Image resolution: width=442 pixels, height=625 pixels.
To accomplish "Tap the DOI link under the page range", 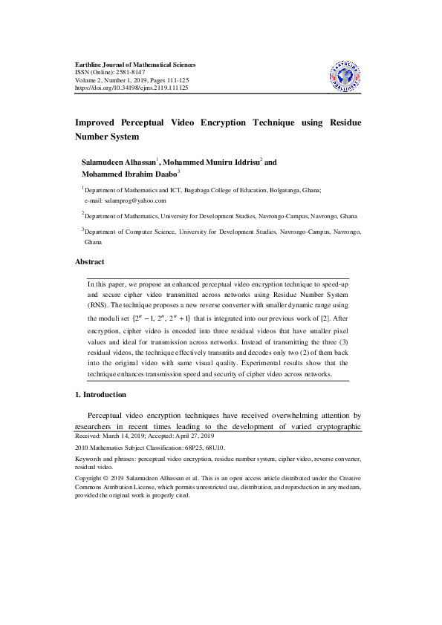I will pos(131,88).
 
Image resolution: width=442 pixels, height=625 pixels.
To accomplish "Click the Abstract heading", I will pos(90,262).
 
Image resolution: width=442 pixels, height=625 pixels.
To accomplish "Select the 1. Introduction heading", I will pos(101,394).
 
